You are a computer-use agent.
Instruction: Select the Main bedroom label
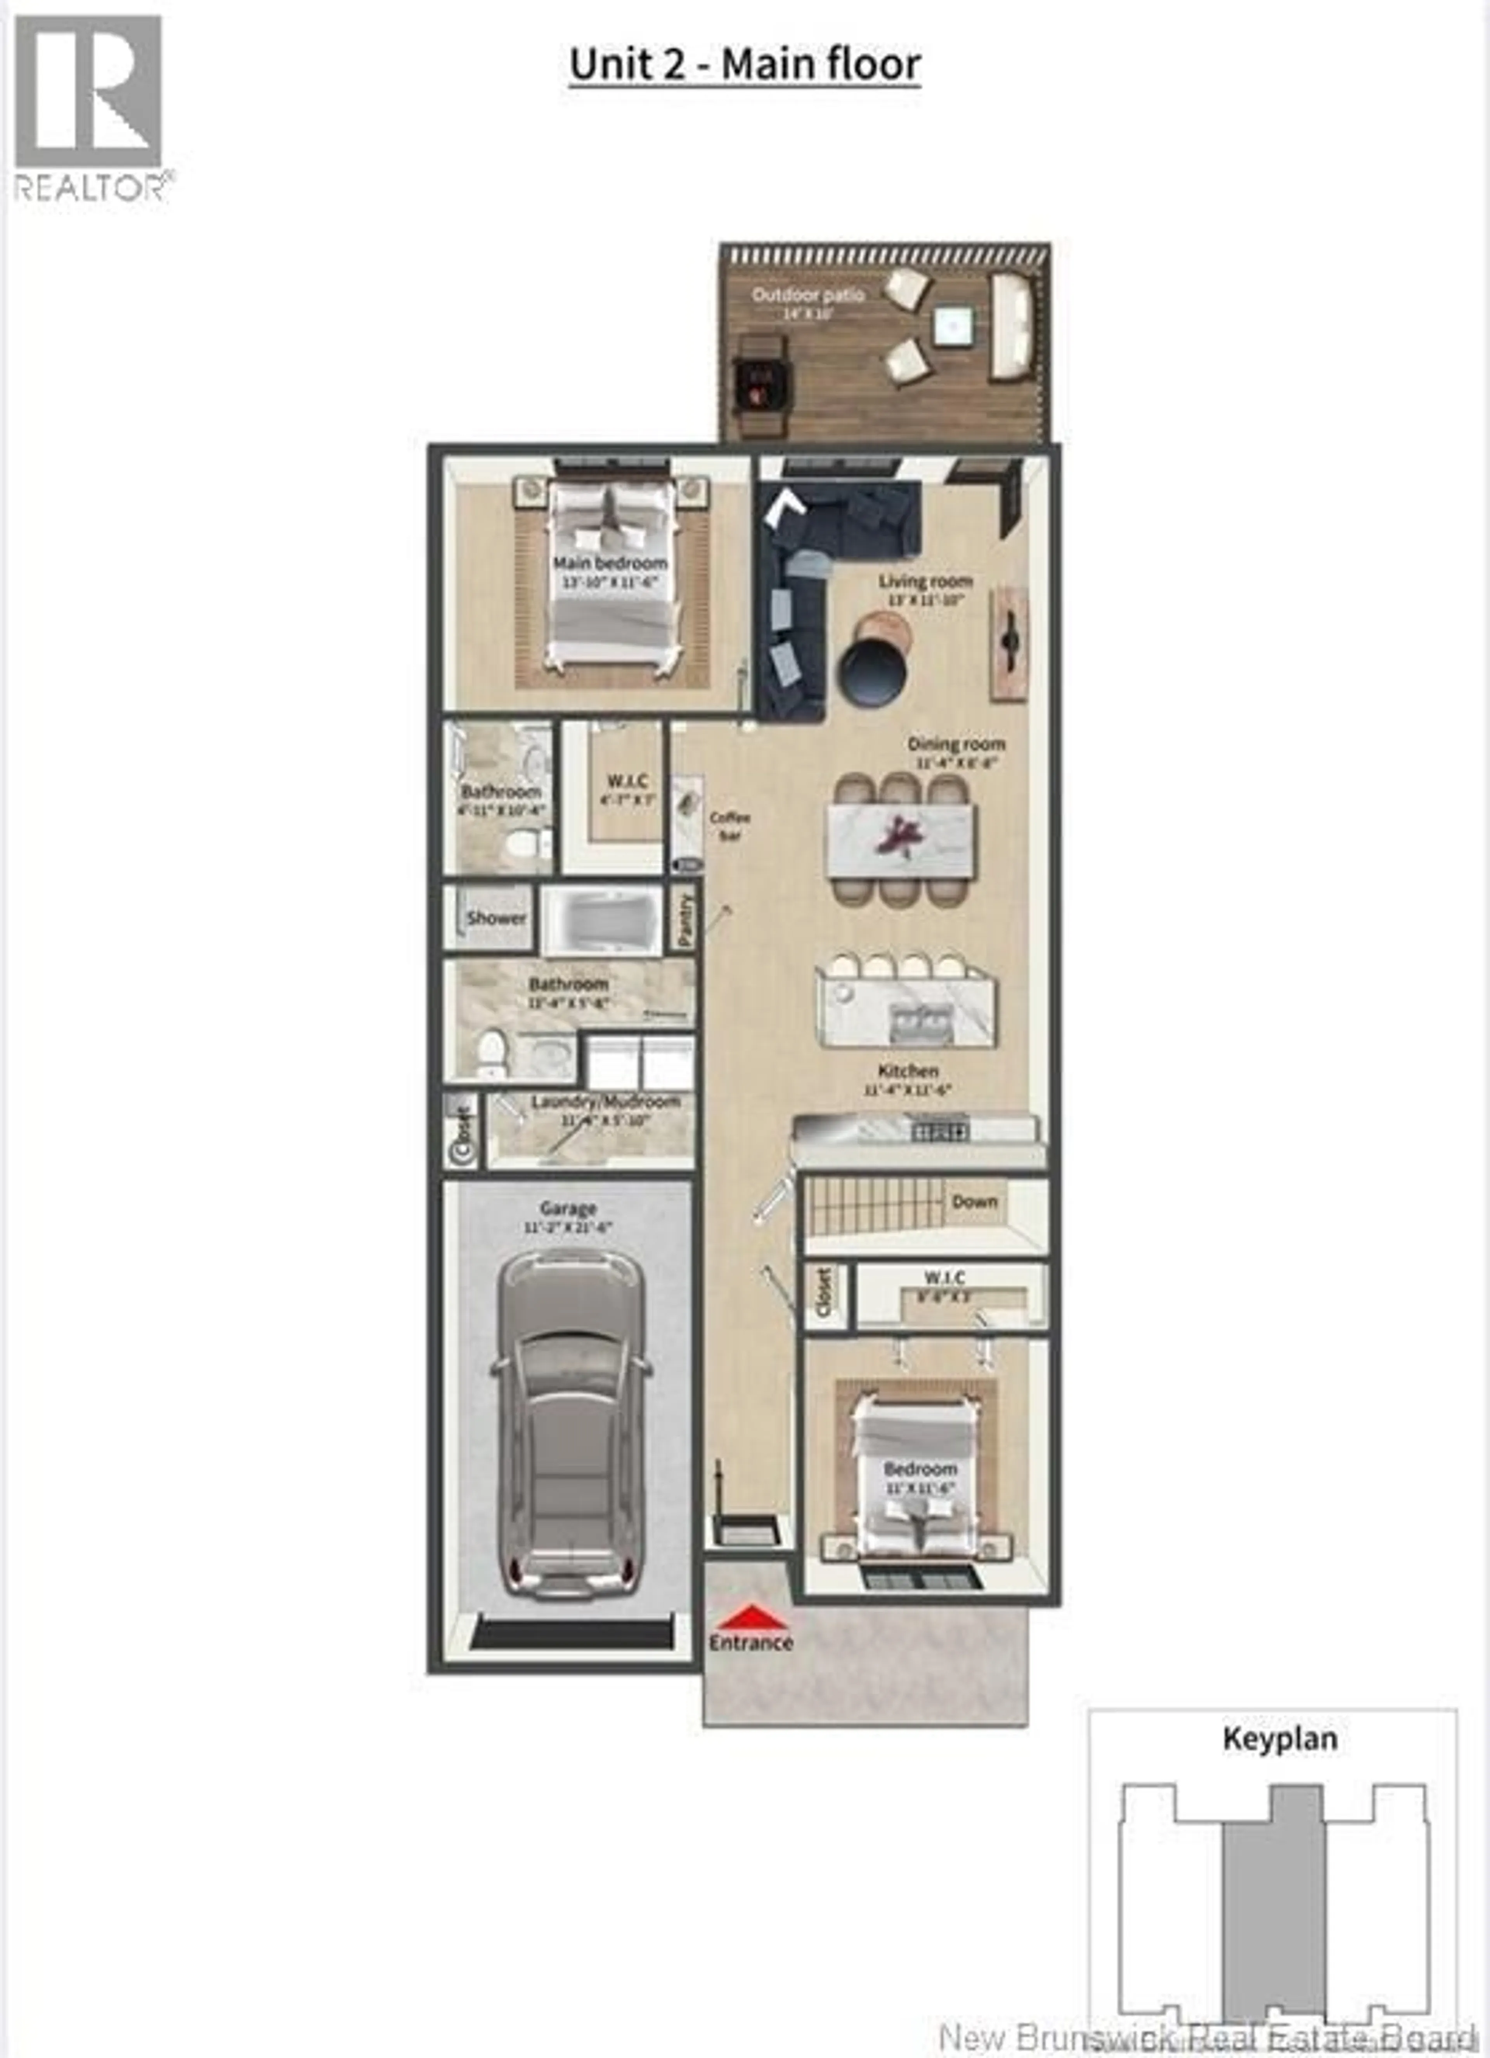[x=610, y=563]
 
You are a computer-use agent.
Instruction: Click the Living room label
[x=925, y=581]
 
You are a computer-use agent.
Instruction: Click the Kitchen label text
[x=908, y=1071]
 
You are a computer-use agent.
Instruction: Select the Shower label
[x=496, y=917]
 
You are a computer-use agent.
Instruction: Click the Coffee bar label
[x=729, y=826]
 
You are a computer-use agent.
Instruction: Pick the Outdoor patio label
[x=807, y=295]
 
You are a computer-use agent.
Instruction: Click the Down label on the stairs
[x=975, y=1201]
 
